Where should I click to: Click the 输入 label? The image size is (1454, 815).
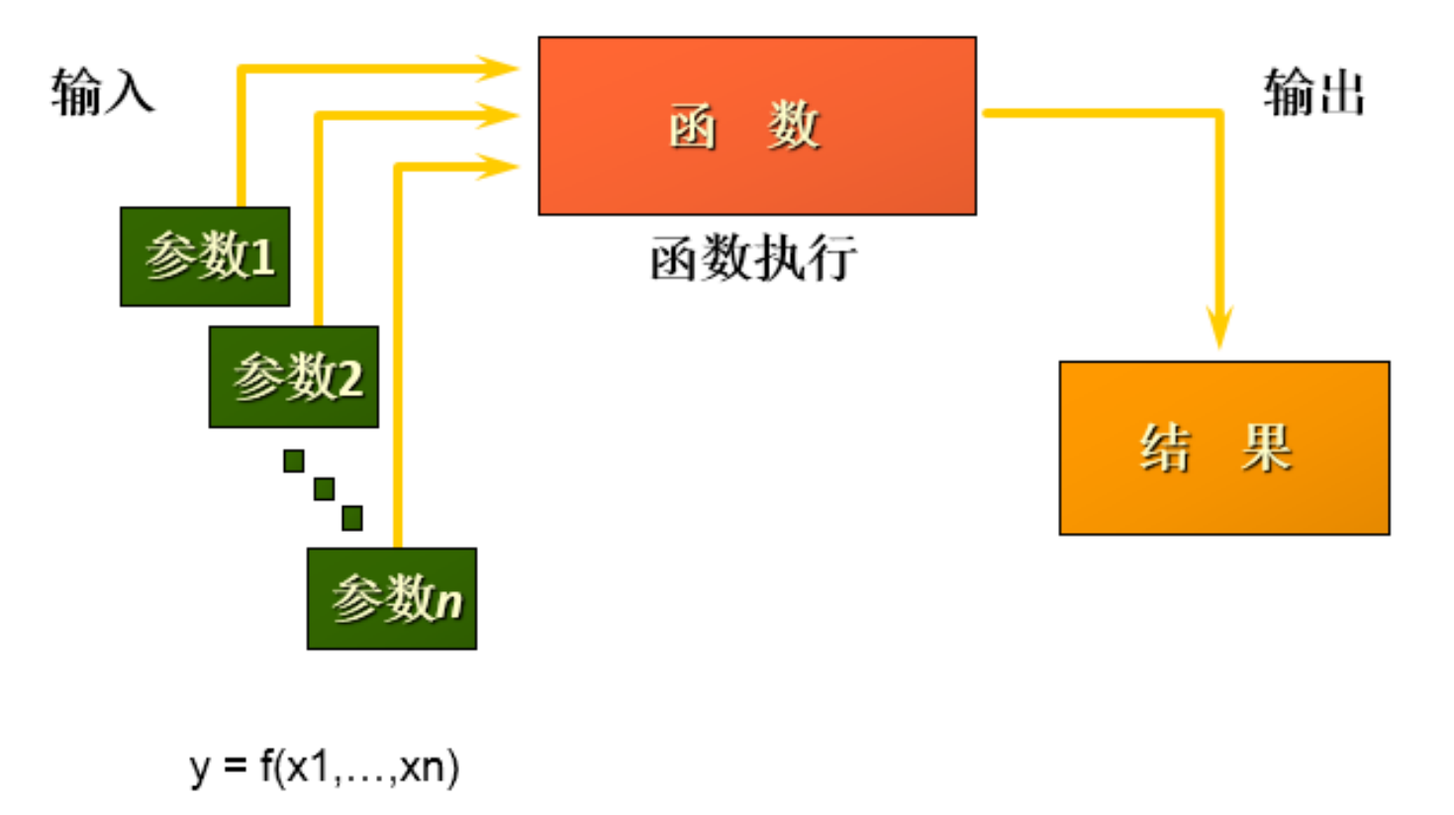[103, 92]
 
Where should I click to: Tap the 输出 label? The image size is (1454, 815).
[1314, 93]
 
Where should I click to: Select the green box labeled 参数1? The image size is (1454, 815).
[205, 256]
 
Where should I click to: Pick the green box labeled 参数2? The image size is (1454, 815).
[294, 377]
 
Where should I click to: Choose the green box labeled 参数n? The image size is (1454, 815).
[392, 599]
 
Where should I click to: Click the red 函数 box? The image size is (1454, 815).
[757, 126]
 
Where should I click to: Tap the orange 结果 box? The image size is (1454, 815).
[1224, 448]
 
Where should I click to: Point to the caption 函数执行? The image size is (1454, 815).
[753, 259]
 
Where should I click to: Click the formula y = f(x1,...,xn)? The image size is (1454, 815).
[325, 766]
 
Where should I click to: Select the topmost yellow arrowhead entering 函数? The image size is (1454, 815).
[499, 68]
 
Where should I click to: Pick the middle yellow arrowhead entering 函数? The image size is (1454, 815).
[499, 115]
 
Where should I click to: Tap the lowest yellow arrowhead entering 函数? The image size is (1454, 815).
[499, 165]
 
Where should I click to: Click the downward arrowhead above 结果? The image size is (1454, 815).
[1219, 328]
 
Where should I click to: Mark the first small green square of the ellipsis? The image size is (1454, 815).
[294, 460]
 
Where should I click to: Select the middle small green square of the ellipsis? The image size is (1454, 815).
[324, 489]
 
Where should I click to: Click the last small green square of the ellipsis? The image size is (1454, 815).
[351, 517]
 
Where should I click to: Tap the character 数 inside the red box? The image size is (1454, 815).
[793, 126]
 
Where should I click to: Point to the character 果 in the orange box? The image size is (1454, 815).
[1267, 448]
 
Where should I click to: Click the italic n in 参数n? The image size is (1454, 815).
[448, 601]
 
